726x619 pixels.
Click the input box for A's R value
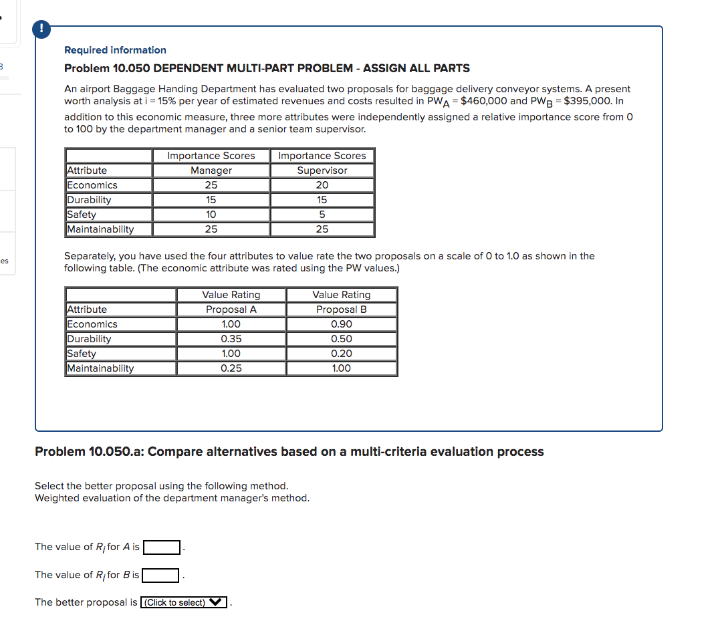162,547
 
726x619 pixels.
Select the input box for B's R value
160,576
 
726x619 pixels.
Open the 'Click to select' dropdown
184,603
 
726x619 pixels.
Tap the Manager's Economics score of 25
211,185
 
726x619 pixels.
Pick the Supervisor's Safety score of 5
322,215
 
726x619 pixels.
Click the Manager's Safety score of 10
211,215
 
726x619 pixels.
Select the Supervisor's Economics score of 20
322,185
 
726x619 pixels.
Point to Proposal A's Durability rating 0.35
231,339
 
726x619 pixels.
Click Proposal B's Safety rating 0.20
342,354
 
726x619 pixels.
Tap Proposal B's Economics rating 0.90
342,324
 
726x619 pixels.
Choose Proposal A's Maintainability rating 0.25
231,368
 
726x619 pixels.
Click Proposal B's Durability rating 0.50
342,339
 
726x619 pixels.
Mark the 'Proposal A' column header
231,309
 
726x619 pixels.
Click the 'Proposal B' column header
342,309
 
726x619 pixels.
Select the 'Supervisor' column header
322,170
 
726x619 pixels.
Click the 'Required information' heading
115,50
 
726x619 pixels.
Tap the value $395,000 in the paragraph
586,101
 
